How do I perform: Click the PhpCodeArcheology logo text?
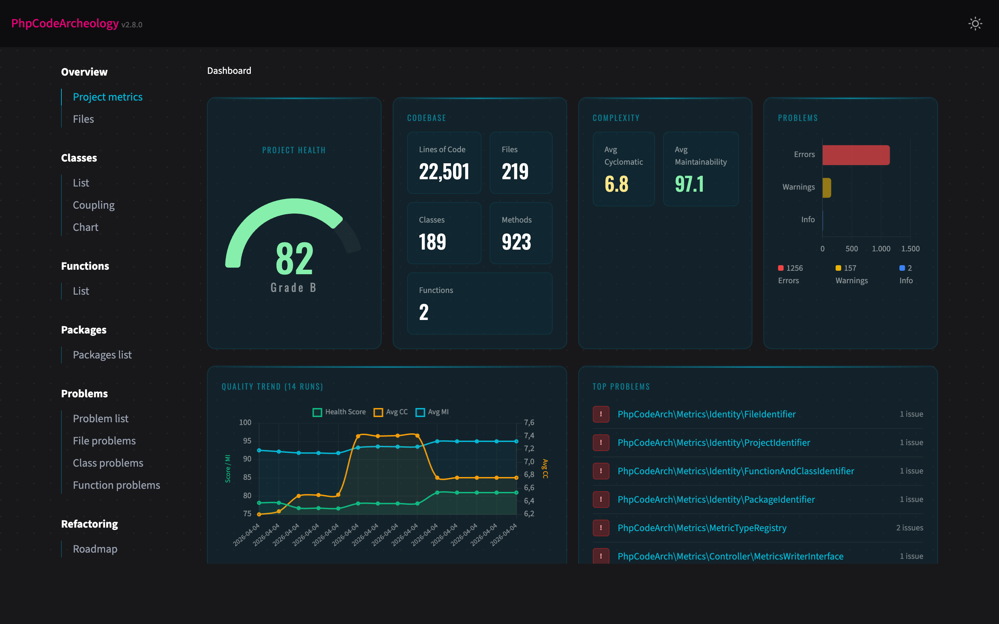pos(65,24)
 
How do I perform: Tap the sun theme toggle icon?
pos(975,24)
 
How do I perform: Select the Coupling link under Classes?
pos(94,205)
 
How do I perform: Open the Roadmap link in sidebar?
pos(95,549)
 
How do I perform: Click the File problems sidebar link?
pos(104,441)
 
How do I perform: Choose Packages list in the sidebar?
pos(102,355)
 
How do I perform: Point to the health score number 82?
pos(294,259)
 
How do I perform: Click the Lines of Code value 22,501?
pos(444,172)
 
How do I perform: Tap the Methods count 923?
pos(516,242)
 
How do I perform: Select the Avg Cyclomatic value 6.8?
pos(616,184)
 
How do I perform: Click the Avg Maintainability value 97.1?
pos(689,184)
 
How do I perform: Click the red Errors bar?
pos(855,155)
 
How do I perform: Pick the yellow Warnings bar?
pos(827,188)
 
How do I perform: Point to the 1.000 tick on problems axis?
pos(881,249)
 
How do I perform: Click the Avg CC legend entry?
pos(391,412)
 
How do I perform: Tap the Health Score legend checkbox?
pos(317,412)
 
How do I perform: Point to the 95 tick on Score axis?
pos(247,441)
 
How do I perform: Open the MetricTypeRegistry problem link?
pos(702,528)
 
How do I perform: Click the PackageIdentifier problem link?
pos(716,499)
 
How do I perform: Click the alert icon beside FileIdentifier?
pos(601,414)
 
